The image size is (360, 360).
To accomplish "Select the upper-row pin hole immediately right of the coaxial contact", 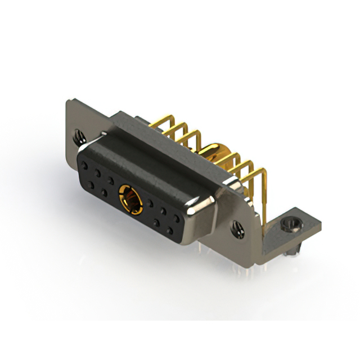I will coord(151,202).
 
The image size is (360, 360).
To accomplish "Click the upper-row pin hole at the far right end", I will coord(178,217).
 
